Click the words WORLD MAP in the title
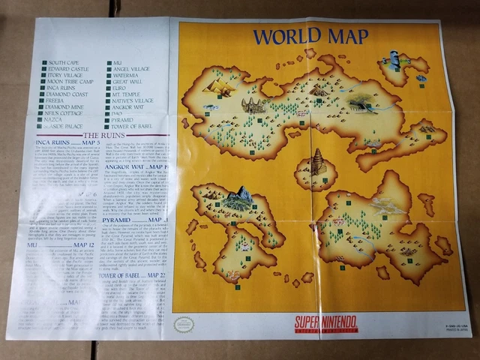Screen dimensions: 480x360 pos(310,35)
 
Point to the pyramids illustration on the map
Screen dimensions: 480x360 pos(219,88)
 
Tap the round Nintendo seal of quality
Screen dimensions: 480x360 pos(183,324)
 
